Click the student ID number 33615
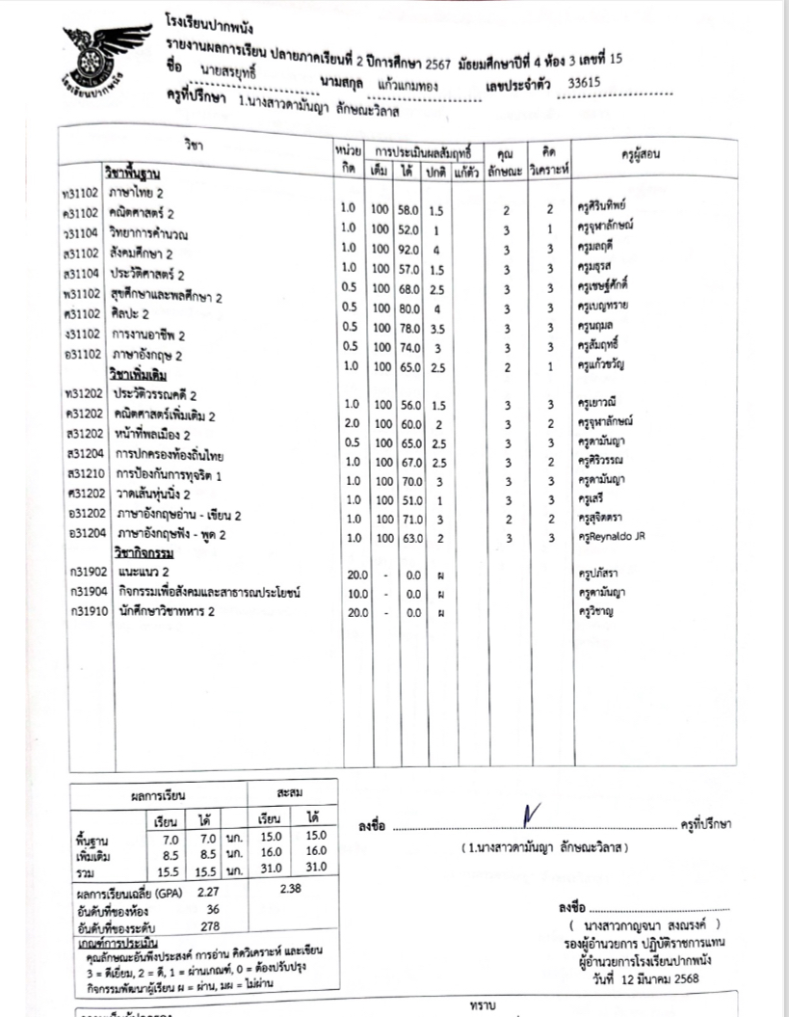585,82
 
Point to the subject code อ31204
80,534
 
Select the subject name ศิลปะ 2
131,314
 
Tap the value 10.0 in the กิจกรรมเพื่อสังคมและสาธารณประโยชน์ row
355,593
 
